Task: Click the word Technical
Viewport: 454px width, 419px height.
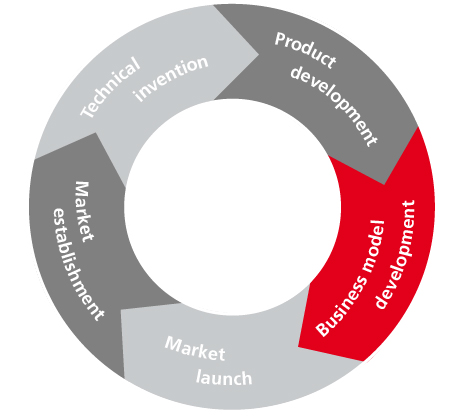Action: pos(110,87)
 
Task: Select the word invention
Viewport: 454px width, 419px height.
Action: pos(171,79)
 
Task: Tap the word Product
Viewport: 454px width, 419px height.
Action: pos(305,50)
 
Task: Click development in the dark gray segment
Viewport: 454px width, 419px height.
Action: pos(334,104)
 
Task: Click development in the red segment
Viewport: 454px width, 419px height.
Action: pos(395,254)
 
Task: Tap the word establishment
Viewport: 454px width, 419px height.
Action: pos(77,264)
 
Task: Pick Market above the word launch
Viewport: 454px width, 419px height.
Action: pos(195,349)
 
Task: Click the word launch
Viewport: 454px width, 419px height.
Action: pos(224,378)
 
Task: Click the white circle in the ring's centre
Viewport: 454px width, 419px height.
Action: pos(232,207)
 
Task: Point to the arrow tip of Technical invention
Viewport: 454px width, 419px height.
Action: pos(259,54)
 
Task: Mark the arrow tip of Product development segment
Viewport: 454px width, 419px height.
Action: pos(384,184)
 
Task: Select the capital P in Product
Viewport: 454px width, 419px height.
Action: pos(281,39)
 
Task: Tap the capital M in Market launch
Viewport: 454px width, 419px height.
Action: pos(174,344)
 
